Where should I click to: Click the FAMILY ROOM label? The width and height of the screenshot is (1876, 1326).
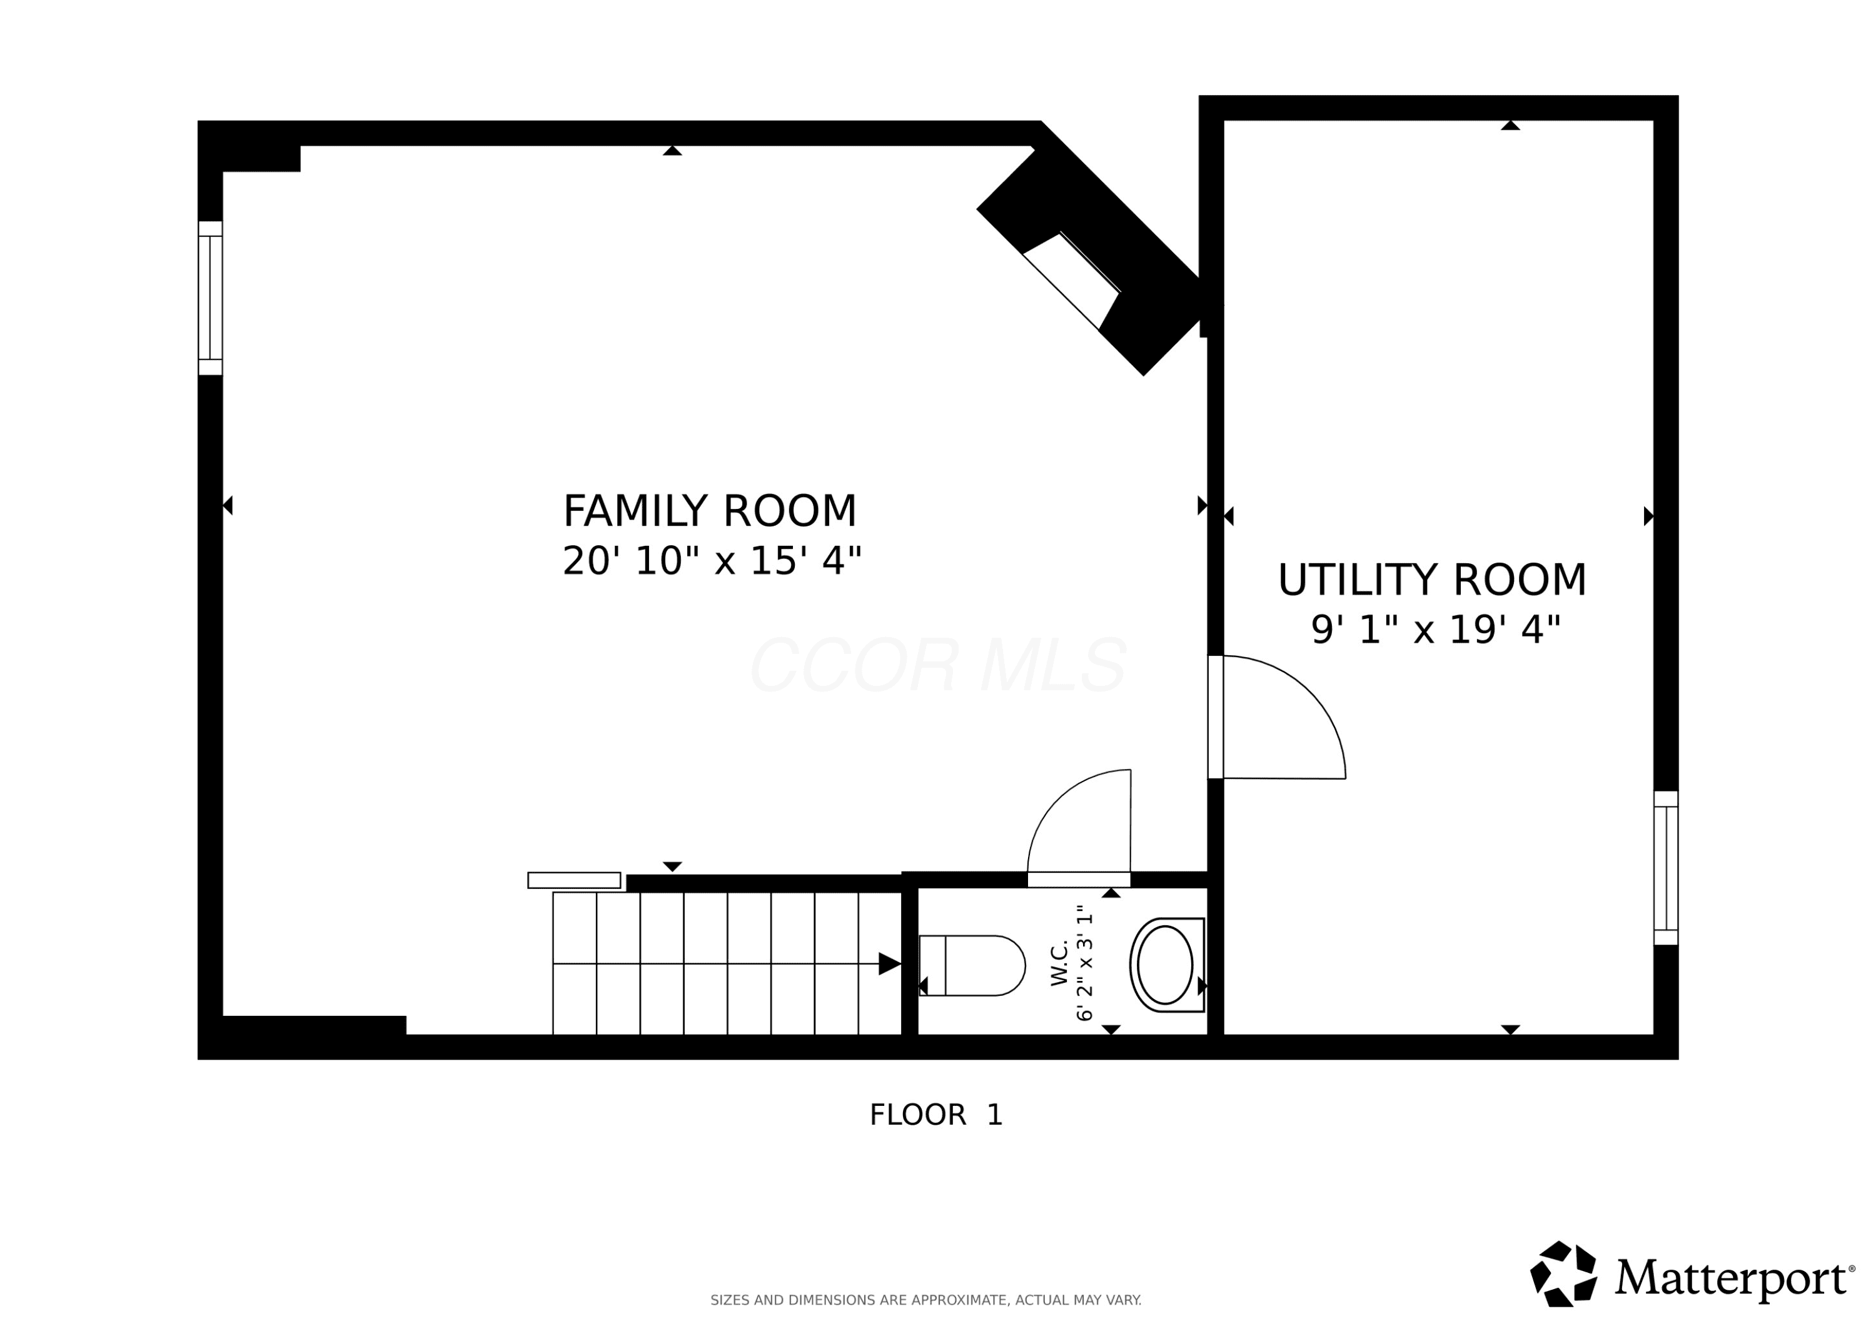(x=710, y=511)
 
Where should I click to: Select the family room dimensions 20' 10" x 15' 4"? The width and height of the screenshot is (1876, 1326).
(x=712, y=561)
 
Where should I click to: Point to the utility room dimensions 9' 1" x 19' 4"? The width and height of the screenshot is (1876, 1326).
(x=1436, y=630)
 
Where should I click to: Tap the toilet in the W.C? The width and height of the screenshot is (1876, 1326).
(x=972, y=966)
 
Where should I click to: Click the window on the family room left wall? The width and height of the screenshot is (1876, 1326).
(x=210, y=298)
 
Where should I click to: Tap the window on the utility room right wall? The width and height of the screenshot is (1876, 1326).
(x=1666, y=868)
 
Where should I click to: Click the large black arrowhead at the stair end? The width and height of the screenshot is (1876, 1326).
(x=890, y=964)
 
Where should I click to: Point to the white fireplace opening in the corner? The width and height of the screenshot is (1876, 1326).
(x=1071, y=280)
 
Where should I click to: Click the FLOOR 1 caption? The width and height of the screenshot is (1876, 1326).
(x=935, y=1115)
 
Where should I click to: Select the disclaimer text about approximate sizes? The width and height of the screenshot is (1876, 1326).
(x=925, y=1300)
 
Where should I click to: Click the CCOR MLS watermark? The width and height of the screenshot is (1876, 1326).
(x=938, y=665)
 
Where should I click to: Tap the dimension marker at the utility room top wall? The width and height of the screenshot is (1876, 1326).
(x=1510, y=125)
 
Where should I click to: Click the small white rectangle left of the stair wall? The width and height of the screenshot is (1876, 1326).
(x=575, y=880)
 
